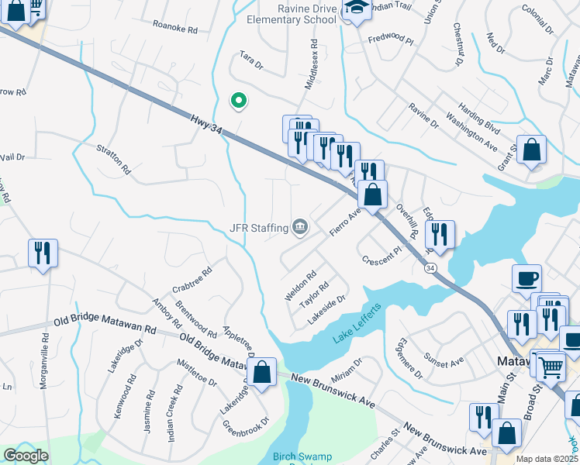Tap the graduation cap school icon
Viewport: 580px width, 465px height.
point(357,9)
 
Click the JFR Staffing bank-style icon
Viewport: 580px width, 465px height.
point(300,227)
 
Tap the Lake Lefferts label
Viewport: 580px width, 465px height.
point(357,325)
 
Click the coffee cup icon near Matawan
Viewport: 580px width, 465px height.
point(526,279)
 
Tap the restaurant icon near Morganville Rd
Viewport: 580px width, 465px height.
point(43,253)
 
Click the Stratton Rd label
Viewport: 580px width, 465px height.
point(114,159)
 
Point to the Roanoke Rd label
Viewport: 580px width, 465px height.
point(175,28)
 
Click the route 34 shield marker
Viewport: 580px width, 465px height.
point(430,267)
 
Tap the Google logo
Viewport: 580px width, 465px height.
point(26,456)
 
